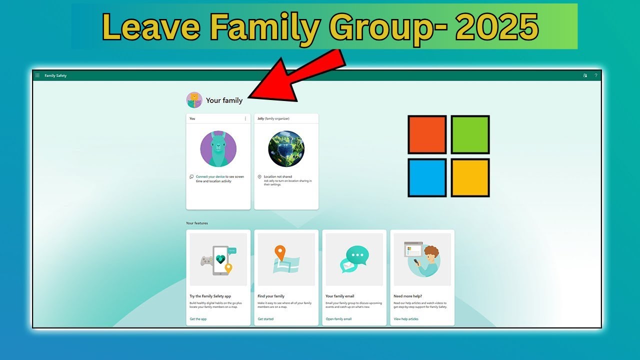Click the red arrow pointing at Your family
click(295, 75)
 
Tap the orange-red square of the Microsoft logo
click(427, 134)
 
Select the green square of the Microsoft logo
click(470, 134)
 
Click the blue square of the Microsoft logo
click(427, 177)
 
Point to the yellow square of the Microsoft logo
click(470, 177)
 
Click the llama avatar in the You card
click(218, 149)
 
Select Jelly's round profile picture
click(286, 149)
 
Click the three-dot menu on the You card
click(245, 118)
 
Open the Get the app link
click(198, 319)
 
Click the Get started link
click(265, 319)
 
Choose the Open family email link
click(338, 319)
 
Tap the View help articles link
click(406, 319)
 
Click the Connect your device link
click(210, 176)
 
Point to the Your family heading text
click(224, 100)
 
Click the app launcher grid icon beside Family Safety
click(37, 75)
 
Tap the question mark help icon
click(596, 75)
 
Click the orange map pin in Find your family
click(280, 252)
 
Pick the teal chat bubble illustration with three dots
click(357, 254)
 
